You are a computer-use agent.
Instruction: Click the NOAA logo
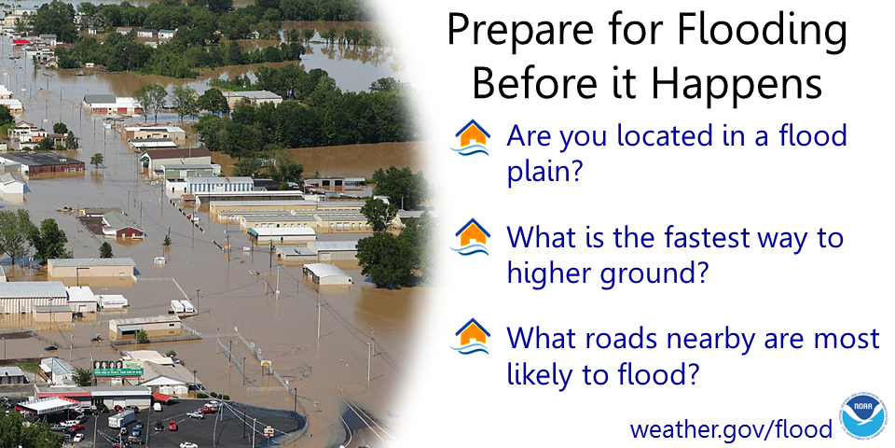(863, 415)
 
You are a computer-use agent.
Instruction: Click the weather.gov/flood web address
(730, 429)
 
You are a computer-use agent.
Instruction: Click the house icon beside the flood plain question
(471, 138)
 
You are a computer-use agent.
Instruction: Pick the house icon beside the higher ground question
(471, 237)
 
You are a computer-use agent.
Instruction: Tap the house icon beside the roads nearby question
(471, 336)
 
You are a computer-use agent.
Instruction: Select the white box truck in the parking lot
(122, 419)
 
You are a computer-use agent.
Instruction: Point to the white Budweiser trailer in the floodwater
(113, 301)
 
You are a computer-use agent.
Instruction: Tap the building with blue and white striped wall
(217, 184)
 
